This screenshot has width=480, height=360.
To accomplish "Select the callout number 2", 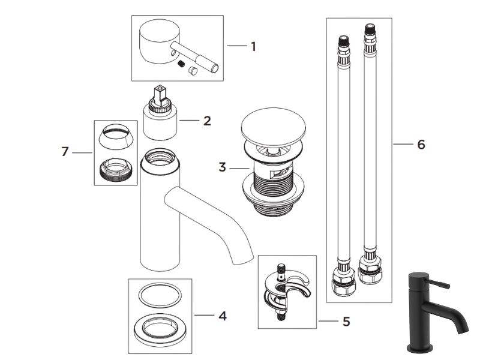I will (207, 121).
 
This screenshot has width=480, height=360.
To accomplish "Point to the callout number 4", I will (222, 316).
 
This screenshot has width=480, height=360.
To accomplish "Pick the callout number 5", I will (346, 322).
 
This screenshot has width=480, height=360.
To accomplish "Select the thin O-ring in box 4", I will (160, 295).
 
